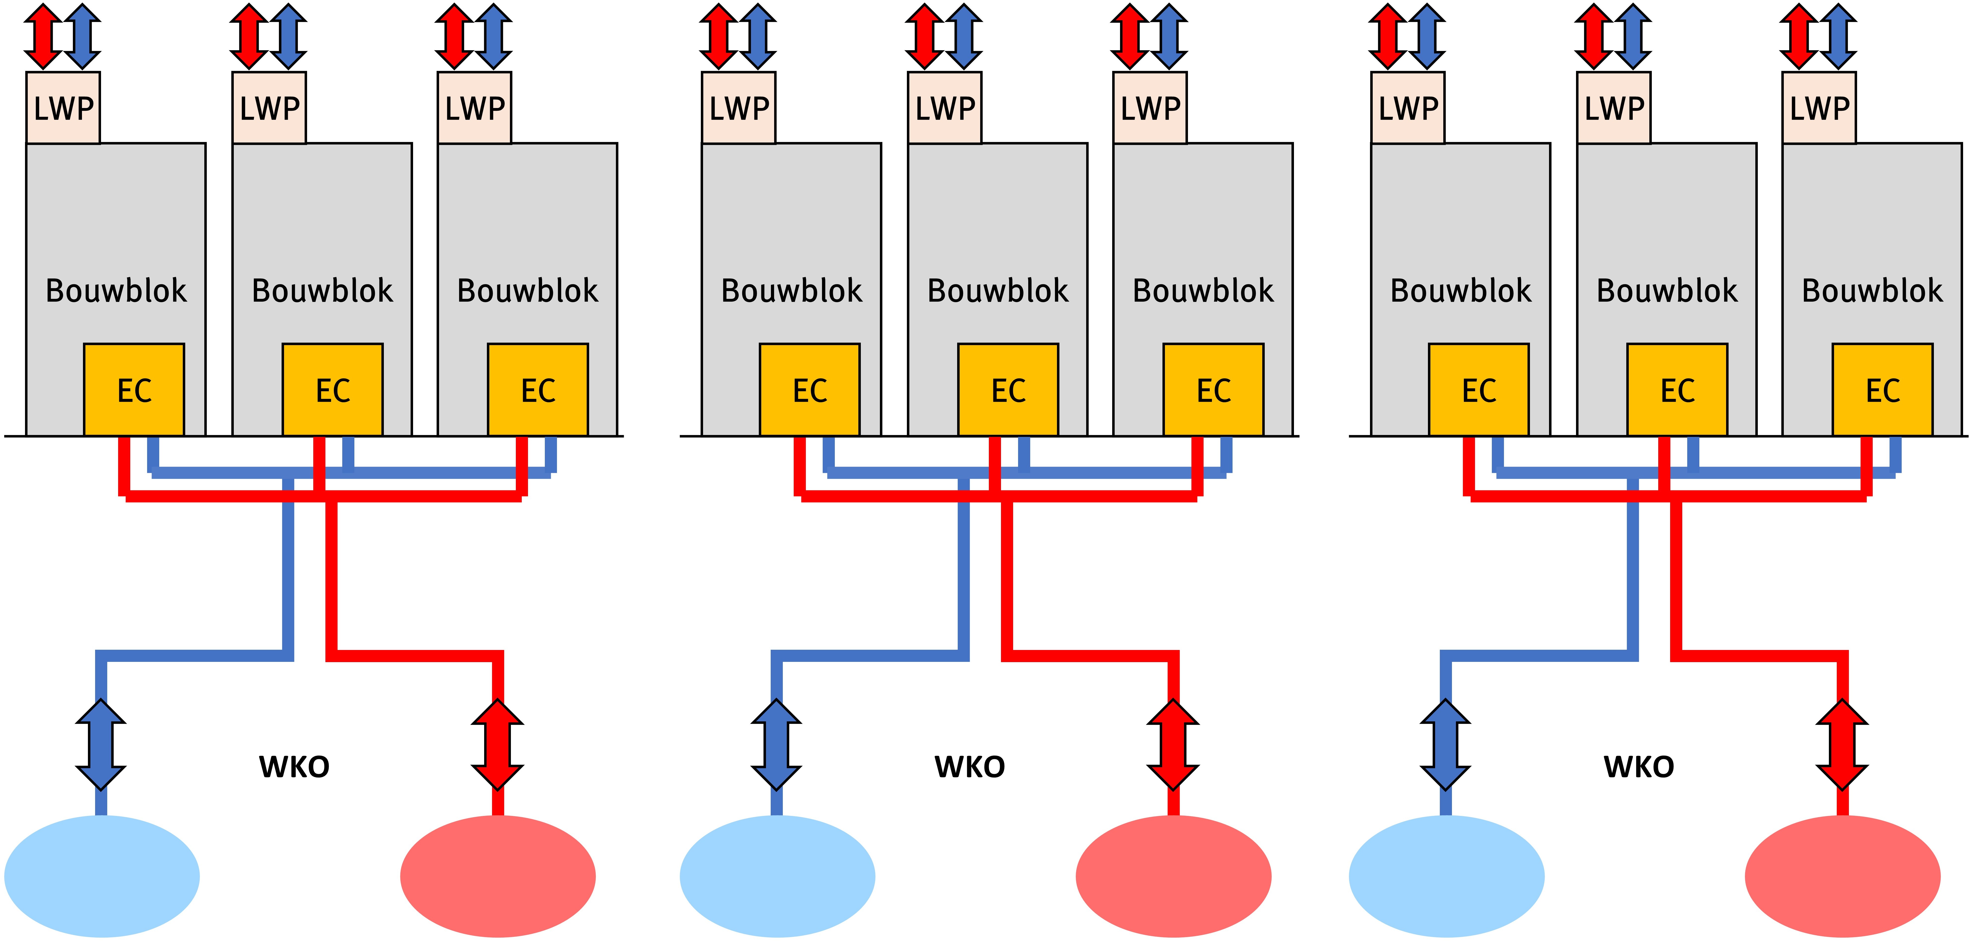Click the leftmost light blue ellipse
coord(102,876)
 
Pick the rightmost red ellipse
coord(1843,876)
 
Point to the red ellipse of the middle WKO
coord(1173,876)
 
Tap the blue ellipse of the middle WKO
coord(777,876)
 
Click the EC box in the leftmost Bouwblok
coord(134,390)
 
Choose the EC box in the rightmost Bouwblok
coord(1883,390)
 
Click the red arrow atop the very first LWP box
coord(44,36)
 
